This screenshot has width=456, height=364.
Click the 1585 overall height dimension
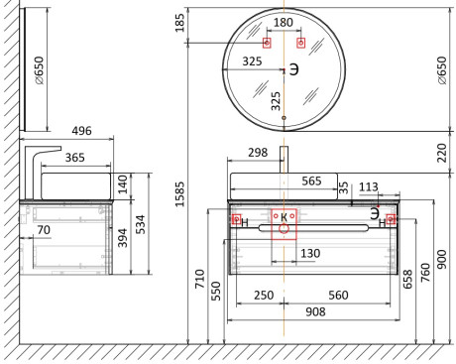tap(179, 194)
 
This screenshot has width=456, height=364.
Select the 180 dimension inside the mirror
tap(284, 22)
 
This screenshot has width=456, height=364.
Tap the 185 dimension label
tap(179, 23)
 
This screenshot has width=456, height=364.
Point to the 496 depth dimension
tap(81, 131)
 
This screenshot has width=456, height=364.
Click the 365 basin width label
tap(74, 158)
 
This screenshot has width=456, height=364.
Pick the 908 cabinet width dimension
tap(315, 311)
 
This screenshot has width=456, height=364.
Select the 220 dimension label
tap(442, 153)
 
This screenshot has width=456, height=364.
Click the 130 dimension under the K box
tap(310, 254)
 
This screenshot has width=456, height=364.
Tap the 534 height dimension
tap(141, 224)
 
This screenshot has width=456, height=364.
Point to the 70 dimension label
tap(44, 230)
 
